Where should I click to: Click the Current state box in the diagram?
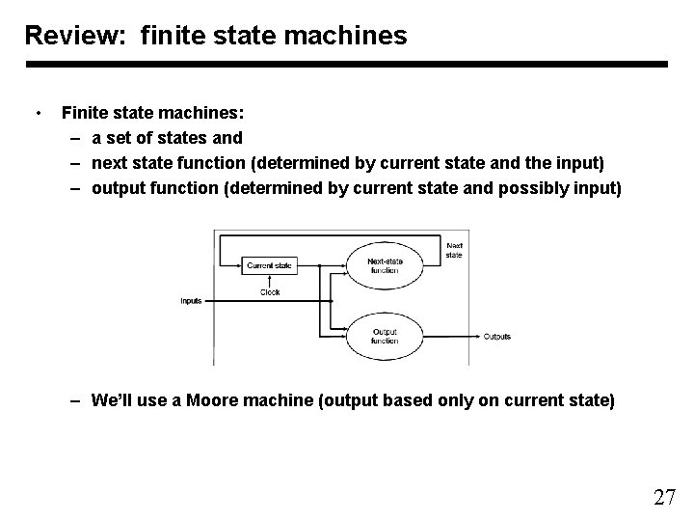(x=269, y=265)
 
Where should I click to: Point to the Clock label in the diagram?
(x=270, y=292)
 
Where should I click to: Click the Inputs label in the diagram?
(x=191, y=301)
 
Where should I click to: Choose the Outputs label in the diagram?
(x=496, y=337)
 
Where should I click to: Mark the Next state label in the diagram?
(x=454, y=250)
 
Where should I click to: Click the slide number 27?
(x=664, y=498)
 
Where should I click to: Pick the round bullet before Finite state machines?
(x=37, y=112)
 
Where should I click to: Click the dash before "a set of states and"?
(x=75, y=138)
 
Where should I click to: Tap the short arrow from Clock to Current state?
(x=269, y=280)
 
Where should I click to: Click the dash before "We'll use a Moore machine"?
(x=75, y=399)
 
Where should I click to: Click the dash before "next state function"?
(x=75, y=163)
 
